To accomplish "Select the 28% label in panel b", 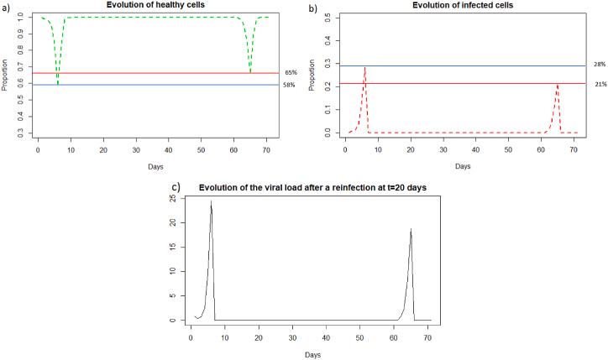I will [x=597, y=64].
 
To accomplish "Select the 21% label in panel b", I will [x=597, y=83].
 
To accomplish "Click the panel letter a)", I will [x=6, y=7].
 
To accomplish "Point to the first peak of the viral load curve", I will [x=211, y=201].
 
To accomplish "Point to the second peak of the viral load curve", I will [x=411, y=229].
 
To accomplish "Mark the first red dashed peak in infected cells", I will [x=364, y=67].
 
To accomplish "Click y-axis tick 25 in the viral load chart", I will [x=172, y=198].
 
